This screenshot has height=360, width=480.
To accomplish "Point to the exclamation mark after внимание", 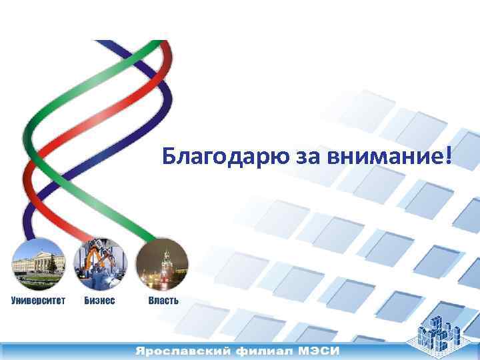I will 448,156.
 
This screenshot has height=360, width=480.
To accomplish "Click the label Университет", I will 38,301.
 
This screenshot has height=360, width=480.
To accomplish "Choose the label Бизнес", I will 99,301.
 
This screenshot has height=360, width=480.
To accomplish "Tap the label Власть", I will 163,301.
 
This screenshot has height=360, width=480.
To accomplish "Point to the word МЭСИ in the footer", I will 319,351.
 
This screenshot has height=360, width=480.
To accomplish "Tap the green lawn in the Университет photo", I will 37,281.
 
